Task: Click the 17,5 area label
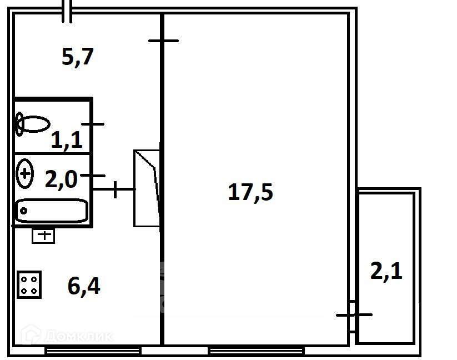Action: (x=250, y=193)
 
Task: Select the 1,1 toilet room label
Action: (x=67, y=140)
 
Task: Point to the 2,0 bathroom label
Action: (x=61, y=179)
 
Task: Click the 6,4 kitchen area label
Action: (x=84, y=287)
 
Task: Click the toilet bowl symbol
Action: (x=32, y=124)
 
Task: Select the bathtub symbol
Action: (x=52, y=211)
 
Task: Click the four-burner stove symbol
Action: (x=29, y=284)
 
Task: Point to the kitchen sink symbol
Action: (x=43, y=236)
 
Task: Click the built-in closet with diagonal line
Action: (x=147, y=188)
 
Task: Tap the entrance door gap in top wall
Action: (x=67, y=12)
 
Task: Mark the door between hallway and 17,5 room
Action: (x=163, y=41)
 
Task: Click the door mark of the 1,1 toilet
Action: (x=93, y=124)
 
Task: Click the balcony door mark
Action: (x=354, y=315)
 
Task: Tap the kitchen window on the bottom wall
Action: (x=93, y=351)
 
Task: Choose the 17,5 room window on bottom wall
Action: (x=256, y=351)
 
